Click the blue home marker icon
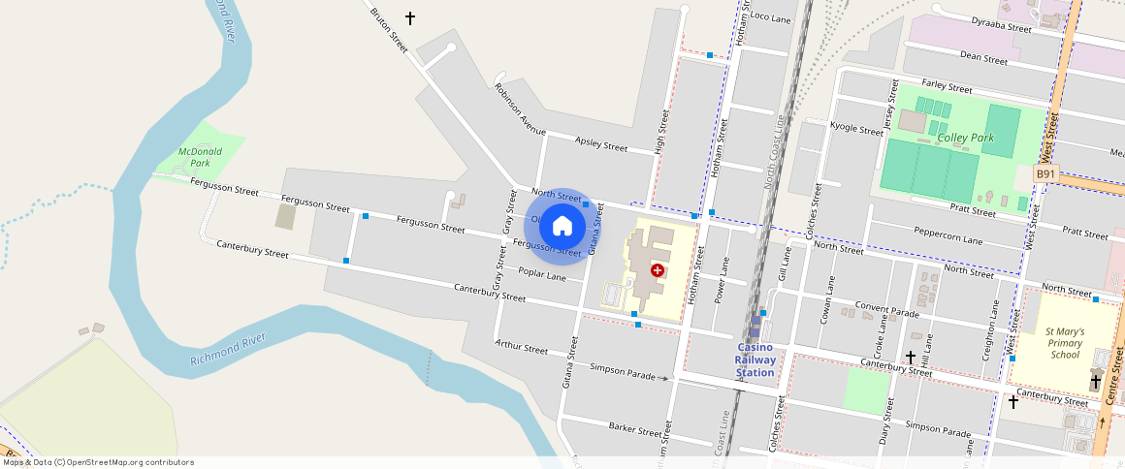coord(562,226)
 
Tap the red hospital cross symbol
coord(658,270)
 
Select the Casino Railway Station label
coord(755,360)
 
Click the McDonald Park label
coord(200,157)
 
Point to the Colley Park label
coord(966,138)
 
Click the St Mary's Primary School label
coord(1065,343)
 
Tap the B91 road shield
coord(1045,173)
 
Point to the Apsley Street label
coord(601,144)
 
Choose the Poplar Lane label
coord(542,274)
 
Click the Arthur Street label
coord(521,346)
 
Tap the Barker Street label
coord(634,427)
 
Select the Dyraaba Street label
coord(1001,24)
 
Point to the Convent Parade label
coord(886,311)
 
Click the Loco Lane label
coord(771,18)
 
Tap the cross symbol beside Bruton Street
coord(410,18)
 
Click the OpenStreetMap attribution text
coord(98,462)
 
